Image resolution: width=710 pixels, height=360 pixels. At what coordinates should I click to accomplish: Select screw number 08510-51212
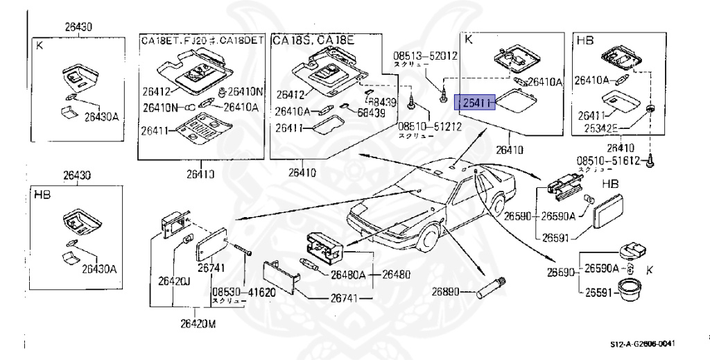tap(419, 128)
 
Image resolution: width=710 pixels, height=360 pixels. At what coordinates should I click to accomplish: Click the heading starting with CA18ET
tap(202, 40)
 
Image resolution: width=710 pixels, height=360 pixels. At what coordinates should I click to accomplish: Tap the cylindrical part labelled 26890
tap(492, 286)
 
